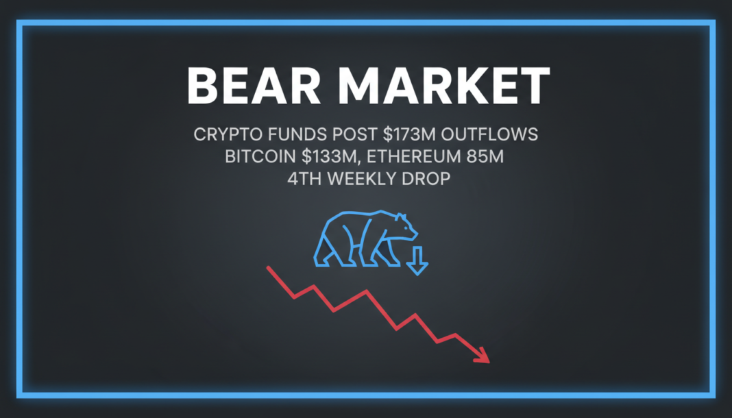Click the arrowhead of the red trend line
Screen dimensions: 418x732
pos(483,356)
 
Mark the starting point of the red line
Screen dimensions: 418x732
pos(268,268)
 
